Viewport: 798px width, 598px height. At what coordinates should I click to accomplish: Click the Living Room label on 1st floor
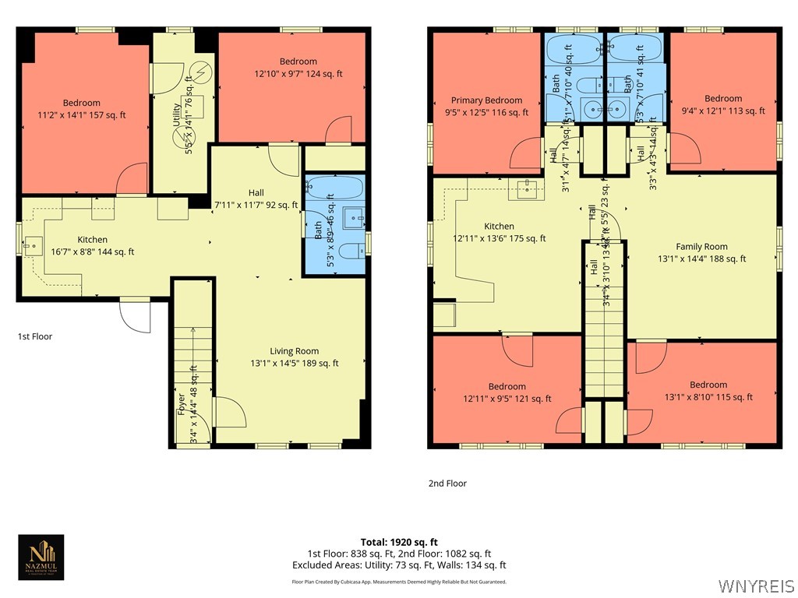tap(295, 357)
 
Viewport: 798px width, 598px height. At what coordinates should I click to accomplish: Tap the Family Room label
tap(701, 252)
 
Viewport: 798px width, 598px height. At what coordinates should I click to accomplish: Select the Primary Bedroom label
tap(487, 106)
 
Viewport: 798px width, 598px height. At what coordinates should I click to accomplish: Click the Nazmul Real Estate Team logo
tap(41, 558)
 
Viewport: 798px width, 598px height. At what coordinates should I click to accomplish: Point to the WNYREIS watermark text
tap(757, 585)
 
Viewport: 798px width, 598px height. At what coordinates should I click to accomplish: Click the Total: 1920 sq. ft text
tap(399, 542)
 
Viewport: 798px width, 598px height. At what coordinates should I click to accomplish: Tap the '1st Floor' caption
tap(35, 336)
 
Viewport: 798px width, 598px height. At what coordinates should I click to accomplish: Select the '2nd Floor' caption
tap(447, 484)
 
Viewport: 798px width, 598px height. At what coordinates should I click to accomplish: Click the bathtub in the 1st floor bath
tap(335, 187)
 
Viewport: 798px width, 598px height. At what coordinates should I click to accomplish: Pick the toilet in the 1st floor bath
tap(351, 251)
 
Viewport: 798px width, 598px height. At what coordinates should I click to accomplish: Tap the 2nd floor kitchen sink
tap(528, 187)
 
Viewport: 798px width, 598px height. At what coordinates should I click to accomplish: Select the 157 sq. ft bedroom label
tap(82, 109)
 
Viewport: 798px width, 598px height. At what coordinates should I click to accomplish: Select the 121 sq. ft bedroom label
tap(507, 392)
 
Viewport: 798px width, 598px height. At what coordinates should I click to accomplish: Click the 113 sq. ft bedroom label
tap(723, 104)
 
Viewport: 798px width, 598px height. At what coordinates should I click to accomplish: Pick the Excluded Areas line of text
tap(399, 565)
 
